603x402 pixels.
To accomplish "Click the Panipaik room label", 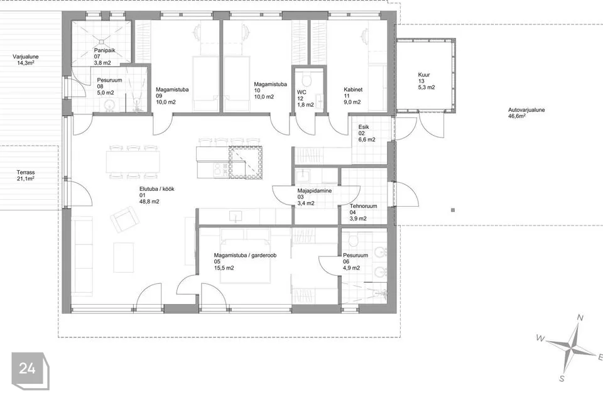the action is click(x=105, y=50).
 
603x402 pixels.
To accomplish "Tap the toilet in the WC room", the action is click(x=307, y=80).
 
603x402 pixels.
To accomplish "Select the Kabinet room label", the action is click(x=353, y=90).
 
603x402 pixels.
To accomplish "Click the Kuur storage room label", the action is click(x=424, y=75).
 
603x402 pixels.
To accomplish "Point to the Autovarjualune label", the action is click(x=526, y=110).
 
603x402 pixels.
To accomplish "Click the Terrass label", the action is click(x=25, y=172).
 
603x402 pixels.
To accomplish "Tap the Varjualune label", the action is click(x=25, y=57).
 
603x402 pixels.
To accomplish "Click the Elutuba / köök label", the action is click(x=157, y=189).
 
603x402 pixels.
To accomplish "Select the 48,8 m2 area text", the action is click(x=149, y=202).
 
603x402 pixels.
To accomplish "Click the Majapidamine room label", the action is click(x=315, y=191).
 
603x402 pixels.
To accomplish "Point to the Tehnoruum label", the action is click(x=364, y=206).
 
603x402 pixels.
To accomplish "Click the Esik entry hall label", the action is click(x=364, y=127).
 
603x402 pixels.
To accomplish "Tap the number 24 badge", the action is click(x=28, y=369).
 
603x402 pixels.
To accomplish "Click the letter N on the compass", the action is click(x=580, y=318).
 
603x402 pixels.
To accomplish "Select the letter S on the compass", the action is click(x=562, y=379).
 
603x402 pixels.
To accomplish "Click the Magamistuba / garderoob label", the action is click(x=246, y=256).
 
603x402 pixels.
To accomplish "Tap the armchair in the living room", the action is click(x=124, y=219).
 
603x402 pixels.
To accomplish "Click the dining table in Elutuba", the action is click(x=133, y=161).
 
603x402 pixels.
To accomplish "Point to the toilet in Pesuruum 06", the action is click(x=354, y=241).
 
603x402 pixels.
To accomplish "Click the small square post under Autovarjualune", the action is click(x=453, y=210).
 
